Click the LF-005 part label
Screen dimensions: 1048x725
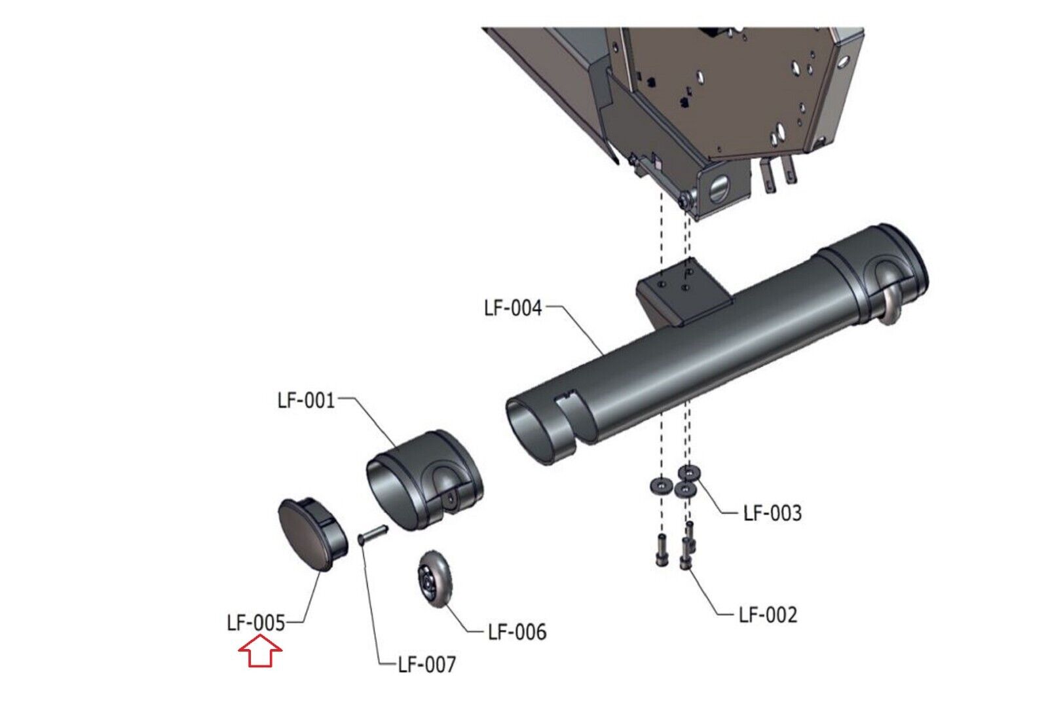tap(256, 623)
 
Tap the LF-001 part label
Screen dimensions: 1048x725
tap(306, 400)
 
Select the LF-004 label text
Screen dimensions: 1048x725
tap(513, 308)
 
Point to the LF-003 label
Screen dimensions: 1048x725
tap(772, 513)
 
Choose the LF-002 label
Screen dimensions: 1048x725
tap(768, 614)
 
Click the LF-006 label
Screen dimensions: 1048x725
tap(517, 632)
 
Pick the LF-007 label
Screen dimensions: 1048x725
tap(426, 664)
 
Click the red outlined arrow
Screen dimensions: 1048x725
tap(260, 650)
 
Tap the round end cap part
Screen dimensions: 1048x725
tap(312, 534)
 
